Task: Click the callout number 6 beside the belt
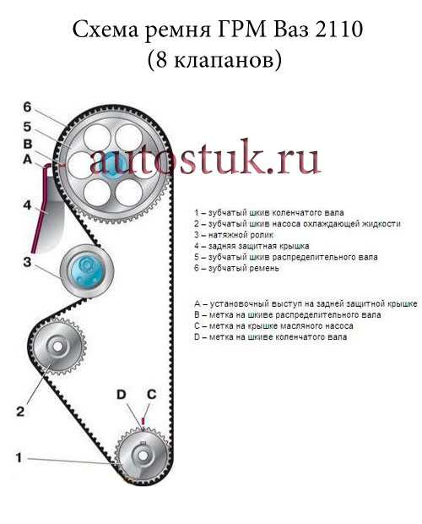tap(27, 107)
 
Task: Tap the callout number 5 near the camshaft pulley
tap(27, 127)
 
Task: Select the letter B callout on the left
tap(28, 144)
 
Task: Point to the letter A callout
tap(27, 160)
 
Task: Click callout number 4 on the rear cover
tap(27, 205)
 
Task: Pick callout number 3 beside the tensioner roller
tap(27, 262)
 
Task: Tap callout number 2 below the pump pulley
tap(20, 411)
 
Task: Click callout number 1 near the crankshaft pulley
tap(19, 457)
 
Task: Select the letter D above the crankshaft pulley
tap(121, 395)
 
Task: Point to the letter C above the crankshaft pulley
tap(151, 395)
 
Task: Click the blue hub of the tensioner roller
tap(87, 270)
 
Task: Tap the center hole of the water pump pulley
tap(57, 347)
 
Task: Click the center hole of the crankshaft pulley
tap(143, 456)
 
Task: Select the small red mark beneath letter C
tap(143, 420)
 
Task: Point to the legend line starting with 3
tap(234, 235)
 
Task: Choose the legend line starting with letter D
tap(271, 337)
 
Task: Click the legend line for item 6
tap(236, 268)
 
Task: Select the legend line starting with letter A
tap(306, 303)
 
